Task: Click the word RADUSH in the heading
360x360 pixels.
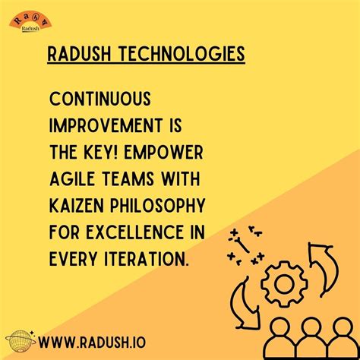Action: [x=77, y=55]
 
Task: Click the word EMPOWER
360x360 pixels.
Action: [x=175, y=153]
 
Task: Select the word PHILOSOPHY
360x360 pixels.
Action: [x=159, y=207]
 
